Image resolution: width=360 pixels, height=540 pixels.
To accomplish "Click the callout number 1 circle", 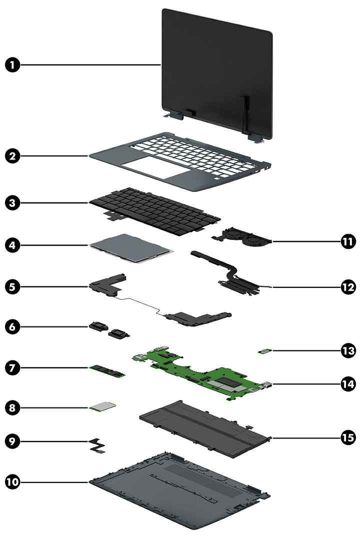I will [x=14, y=65].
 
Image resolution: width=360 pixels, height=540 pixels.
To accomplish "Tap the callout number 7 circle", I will [x=14, y=367].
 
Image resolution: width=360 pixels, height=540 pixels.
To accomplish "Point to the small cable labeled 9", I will [x=99, y=445].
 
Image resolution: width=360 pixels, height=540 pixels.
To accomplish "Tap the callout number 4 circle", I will [x=14, y=245].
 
